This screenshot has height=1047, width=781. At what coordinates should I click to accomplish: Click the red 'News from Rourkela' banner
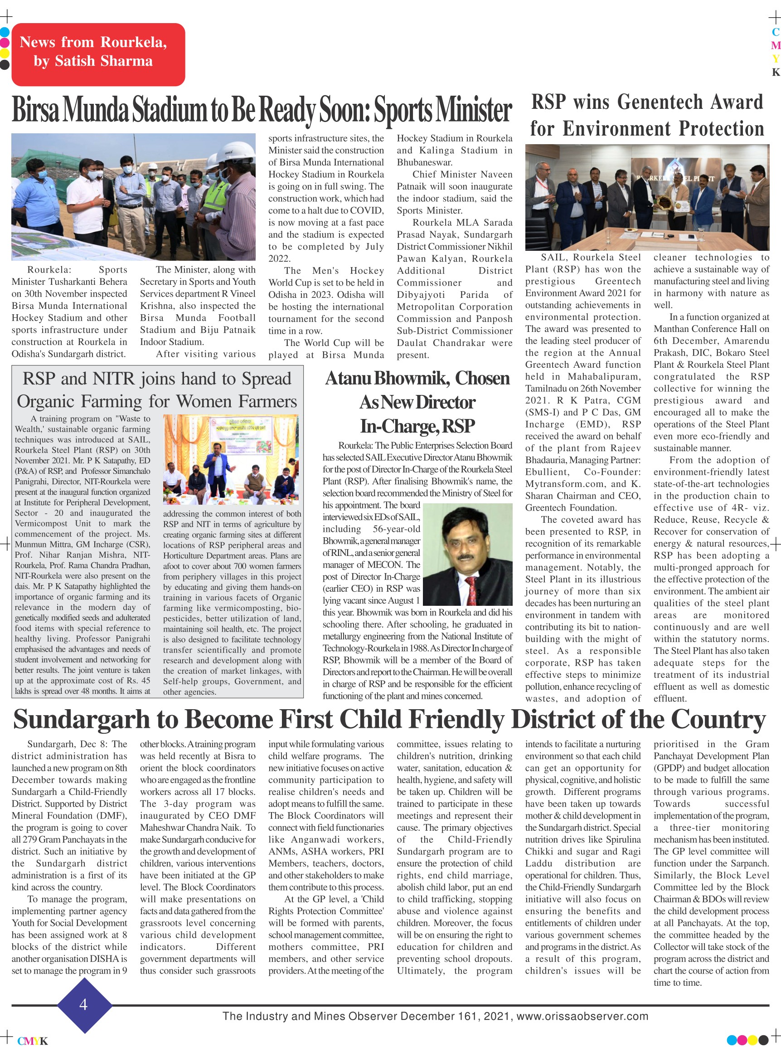(x=98, y=54)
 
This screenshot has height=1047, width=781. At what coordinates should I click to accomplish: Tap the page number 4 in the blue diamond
(x=84, y=1004)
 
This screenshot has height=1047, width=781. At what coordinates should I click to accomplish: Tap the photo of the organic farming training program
(x=231, y=460)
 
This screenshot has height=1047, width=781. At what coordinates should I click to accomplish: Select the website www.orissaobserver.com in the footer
(x=582, y=1016)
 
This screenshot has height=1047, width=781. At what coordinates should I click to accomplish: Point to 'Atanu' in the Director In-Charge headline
(x=348, y=378)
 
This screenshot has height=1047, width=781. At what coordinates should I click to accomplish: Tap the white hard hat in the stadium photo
(x=236, y=151)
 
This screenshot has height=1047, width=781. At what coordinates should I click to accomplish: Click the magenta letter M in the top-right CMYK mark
(x=775, y=46)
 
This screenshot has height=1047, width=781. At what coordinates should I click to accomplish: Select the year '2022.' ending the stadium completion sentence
(x=279, y=258)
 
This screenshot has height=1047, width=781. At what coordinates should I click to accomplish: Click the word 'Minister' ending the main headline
(x=473, y=110)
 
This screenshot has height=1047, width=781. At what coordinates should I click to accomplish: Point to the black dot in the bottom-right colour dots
(x=763, y=1040)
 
